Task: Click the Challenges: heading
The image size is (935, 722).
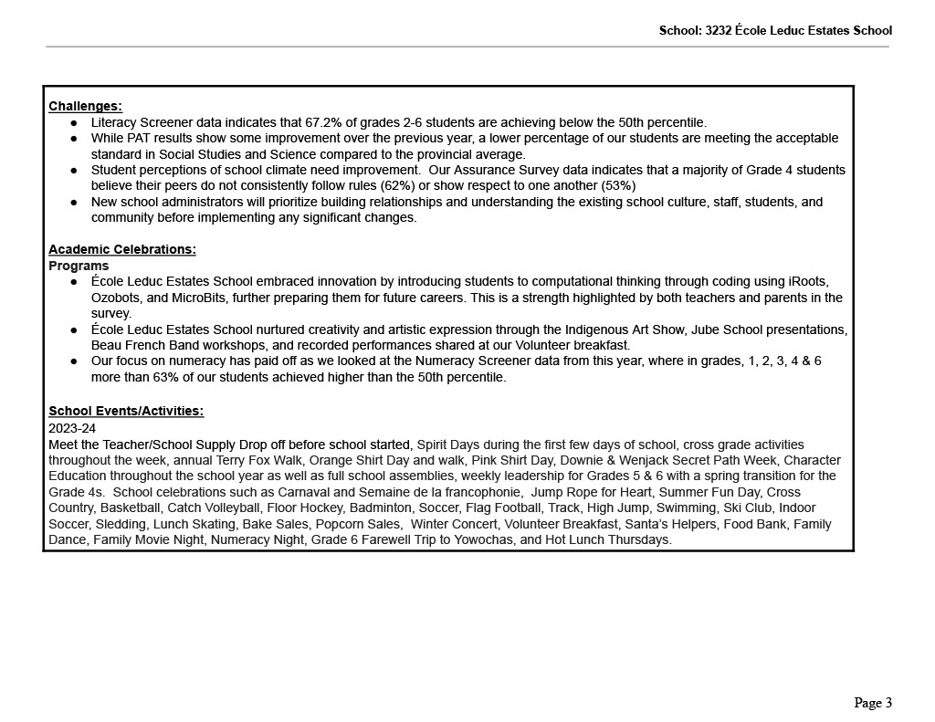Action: click(85, 106)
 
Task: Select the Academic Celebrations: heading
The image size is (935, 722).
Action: click(121, 249)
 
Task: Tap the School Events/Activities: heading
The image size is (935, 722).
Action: click(126, 411)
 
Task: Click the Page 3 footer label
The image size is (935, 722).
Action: click(873, 703)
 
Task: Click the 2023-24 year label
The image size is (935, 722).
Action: click(72, 428)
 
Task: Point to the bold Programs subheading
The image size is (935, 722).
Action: click(79, 266)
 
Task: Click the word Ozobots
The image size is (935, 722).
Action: click(117, 298)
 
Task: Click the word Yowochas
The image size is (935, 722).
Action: click(467, 539)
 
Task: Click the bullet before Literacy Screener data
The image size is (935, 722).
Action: click(74, 122)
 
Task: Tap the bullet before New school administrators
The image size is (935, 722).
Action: click(74, 202)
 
